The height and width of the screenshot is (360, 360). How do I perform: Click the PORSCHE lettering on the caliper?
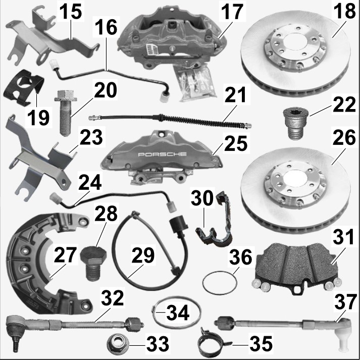coord(162,155)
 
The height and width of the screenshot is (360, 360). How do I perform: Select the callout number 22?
coord(344,105)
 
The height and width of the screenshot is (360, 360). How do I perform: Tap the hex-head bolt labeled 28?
coord(93,263)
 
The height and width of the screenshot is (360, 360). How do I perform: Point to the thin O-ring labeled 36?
coord(220,283)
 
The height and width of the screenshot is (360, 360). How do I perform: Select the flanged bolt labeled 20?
coord(66,112)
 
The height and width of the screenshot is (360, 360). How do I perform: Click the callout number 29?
coord(143,255)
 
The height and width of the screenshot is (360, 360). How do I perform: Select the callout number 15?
coord(71,12)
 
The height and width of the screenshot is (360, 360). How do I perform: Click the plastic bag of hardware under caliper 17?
coord(196,82)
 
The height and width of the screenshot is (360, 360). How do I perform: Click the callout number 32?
coord(112,298)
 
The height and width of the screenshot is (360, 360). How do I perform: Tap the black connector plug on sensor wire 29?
coord(178,227)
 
